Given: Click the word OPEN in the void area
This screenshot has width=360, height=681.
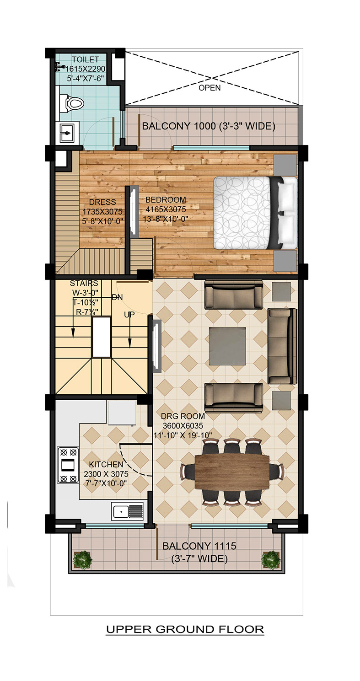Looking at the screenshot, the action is click(210, 88).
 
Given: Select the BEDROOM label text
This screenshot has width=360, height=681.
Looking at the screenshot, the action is click(166, 200).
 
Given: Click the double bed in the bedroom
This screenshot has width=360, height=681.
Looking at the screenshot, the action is click(255, 213).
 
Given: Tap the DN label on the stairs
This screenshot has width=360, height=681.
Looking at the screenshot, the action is click(118, 297).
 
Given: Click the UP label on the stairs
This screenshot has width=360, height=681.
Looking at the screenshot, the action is click(129, 314).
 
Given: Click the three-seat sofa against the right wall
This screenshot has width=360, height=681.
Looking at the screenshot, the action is click(282, 346).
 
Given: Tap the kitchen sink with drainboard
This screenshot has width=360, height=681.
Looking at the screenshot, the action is click(127, 511).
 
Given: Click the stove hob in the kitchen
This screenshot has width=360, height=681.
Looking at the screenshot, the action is click(68, 465).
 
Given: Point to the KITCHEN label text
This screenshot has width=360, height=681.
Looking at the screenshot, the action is click(106, 464).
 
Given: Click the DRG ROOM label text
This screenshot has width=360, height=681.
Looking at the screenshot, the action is click(183, 416).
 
